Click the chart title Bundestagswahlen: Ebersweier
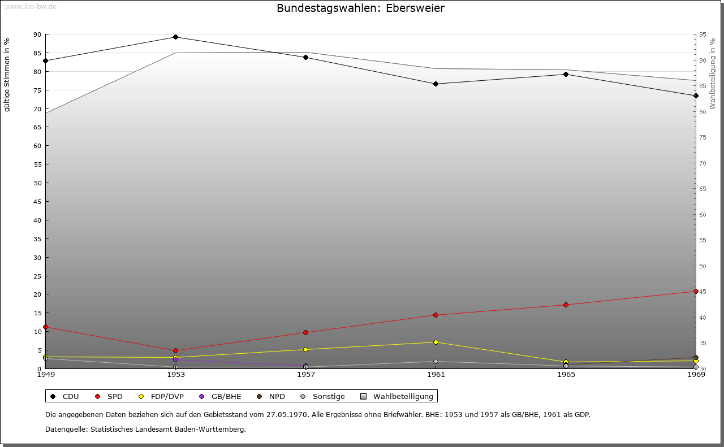360,8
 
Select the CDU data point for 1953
175,37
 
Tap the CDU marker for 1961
436,84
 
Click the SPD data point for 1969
696,292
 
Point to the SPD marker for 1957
305,333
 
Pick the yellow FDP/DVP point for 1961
436,342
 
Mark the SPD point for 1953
175,351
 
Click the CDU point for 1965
566,75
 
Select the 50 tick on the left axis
37,183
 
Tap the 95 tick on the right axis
703,34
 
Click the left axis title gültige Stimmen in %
7,75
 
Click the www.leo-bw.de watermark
31,6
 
